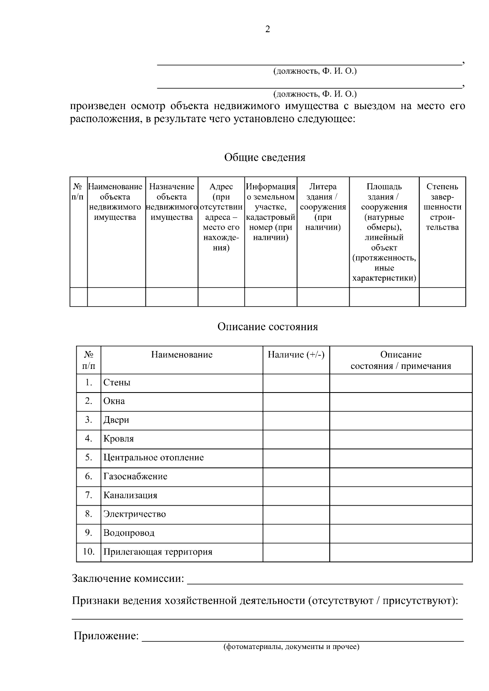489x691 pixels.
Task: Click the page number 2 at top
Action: (x=267, y=29)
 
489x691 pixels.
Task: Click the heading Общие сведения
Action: (x=264, y=158)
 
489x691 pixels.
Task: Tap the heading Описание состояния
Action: (x=267, y=327)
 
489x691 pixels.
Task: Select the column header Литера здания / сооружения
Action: (x=323, y=207)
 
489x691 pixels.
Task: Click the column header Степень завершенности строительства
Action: (x=442, y=207)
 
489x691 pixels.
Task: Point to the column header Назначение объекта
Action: (x=172, y=202)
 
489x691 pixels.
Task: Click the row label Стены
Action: (x=117, y=383)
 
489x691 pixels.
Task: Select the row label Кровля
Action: (x=119, y=439)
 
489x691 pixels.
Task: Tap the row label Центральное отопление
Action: (x=154, y=458)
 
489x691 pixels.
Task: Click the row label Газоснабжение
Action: (x=135, y=476)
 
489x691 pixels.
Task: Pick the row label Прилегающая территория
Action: (x=158, y=552)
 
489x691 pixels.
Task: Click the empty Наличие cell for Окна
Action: (x=296, y=401)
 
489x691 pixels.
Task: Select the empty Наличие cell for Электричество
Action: (x=296, y=514)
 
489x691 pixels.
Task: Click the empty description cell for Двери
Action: (x=401, y=420)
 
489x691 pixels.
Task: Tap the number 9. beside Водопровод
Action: (x=88, y=533)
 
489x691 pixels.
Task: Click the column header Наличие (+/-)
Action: (x=296, y=355)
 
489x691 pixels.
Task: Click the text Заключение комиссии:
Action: (x=128, y=579)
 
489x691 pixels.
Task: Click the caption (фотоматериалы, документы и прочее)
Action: (x=291, y=647)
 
